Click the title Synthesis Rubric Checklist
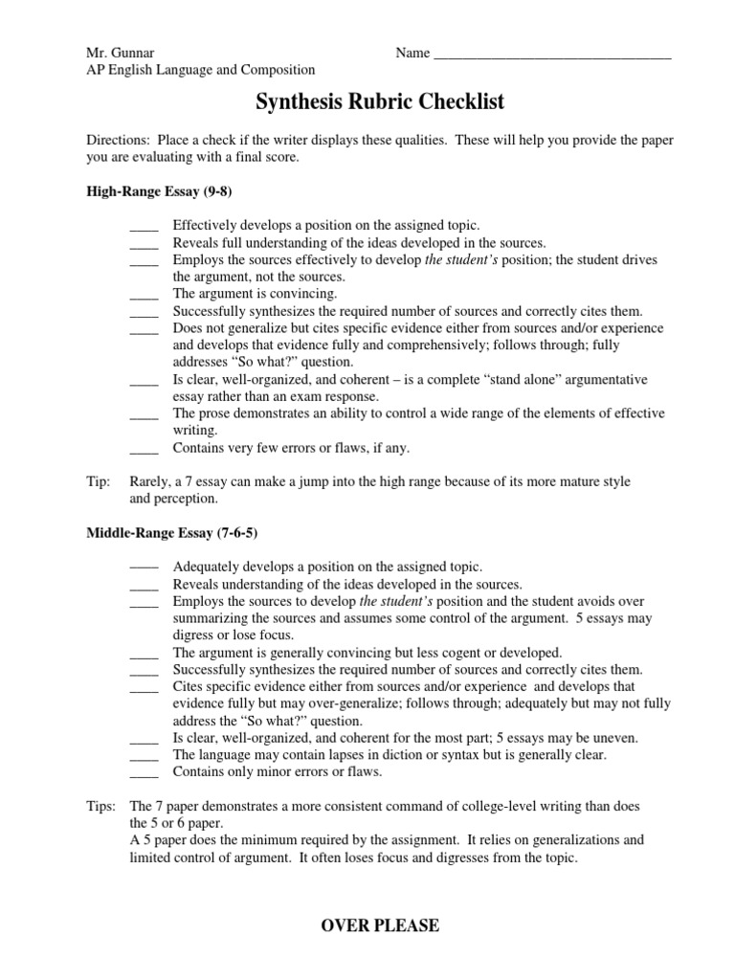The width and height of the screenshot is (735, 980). coord(379,101)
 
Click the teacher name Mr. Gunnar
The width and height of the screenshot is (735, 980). coord(118,53)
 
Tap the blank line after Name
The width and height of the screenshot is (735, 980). coord(552,54)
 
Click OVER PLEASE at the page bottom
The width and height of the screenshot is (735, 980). coord(380,925)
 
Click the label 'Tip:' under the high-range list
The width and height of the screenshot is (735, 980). coord(98,481)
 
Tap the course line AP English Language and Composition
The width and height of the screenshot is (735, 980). coord(201,70)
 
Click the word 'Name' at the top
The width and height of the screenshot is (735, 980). coord(412,53)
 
